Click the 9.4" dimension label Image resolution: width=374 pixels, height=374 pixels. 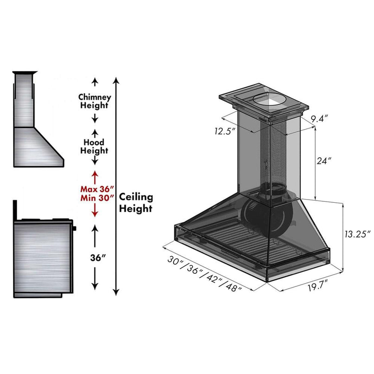click(320, 119)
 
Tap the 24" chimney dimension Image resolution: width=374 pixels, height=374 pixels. click(324, 161)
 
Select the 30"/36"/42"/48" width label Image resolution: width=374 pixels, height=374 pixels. click(205, 273)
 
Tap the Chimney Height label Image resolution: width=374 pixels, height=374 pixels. click(95, 101)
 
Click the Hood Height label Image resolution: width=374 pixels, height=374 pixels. click(95, 146)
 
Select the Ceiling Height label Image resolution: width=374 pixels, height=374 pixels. click(136, 203)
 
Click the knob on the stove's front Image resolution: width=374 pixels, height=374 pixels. click(74, 228)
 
